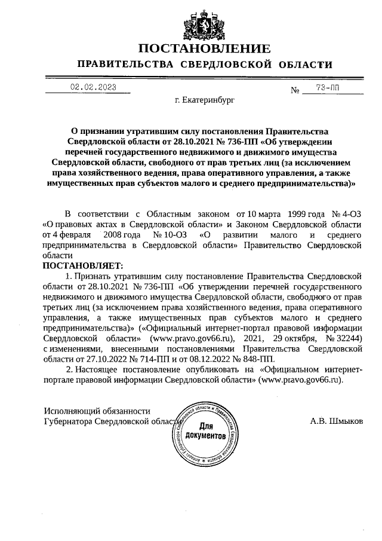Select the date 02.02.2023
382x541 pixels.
tap(93, 87)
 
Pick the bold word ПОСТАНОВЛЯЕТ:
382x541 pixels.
tap(82, 265)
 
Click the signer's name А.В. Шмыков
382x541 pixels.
tap(336, 421)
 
